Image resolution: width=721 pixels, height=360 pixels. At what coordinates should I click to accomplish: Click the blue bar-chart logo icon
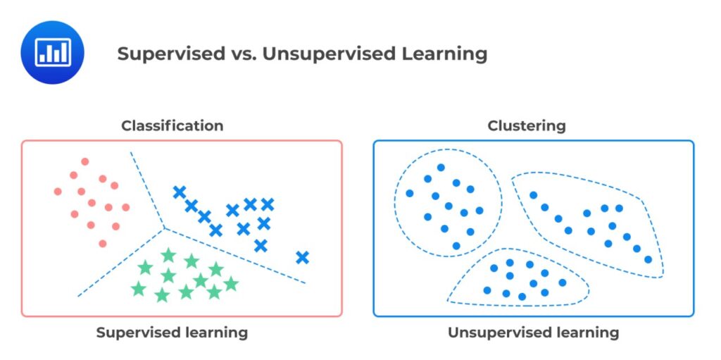tap(52, 53)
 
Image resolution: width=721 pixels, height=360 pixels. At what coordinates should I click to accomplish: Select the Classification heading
tap(173, 126)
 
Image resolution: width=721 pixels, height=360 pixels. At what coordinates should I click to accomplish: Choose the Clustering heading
tap(527, 126)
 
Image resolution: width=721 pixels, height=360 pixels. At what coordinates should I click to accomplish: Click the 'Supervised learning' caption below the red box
tap(173, 333)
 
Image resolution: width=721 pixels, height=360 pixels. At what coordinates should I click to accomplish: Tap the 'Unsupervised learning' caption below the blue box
tap(534, 333)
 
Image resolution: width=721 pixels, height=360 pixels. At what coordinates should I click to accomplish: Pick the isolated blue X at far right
tap(303, 258)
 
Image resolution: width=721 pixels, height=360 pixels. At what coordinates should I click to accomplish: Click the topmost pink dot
tap(85, 161)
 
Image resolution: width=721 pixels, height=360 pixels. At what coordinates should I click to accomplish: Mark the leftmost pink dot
tap(58, 191)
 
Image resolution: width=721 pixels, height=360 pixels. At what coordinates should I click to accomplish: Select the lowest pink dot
tap(103, 243)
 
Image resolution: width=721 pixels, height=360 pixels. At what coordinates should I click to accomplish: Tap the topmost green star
tap(168, 255)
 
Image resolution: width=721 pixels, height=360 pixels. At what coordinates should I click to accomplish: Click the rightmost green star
tap(230, 284)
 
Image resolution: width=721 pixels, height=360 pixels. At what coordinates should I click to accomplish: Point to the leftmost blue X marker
tap(180, 192)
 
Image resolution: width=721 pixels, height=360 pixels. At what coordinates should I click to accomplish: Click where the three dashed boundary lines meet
tap(165, 228)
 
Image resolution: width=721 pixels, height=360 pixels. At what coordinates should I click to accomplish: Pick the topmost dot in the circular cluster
tap(441, 168)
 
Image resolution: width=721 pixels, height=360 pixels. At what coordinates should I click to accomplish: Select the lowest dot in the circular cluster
tap(456, 246)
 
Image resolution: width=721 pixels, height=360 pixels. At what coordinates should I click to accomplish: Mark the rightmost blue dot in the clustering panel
tap(648, 259)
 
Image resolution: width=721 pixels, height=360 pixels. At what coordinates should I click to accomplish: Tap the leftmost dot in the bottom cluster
tap(487, 290)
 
